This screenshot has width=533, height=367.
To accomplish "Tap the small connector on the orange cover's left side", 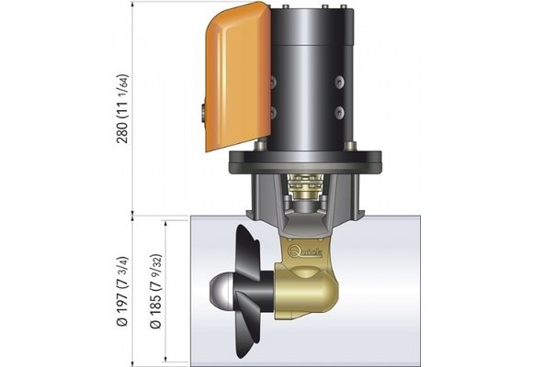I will point(200,117).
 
